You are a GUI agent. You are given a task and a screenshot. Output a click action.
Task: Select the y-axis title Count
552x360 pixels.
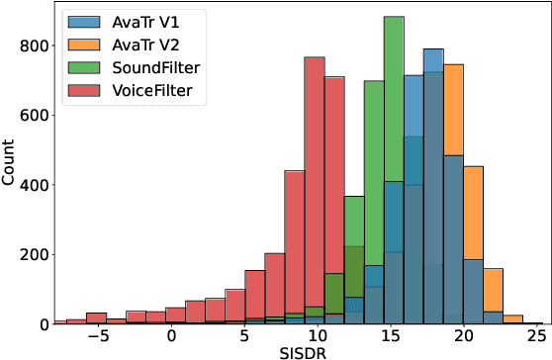[x=10, y=164]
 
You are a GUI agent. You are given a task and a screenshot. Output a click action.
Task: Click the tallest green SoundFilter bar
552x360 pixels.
[x=394, y=168]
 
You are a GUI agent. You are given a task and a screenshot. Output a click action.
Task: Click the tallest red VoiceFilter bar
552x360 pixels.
[x=315, y=188]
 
